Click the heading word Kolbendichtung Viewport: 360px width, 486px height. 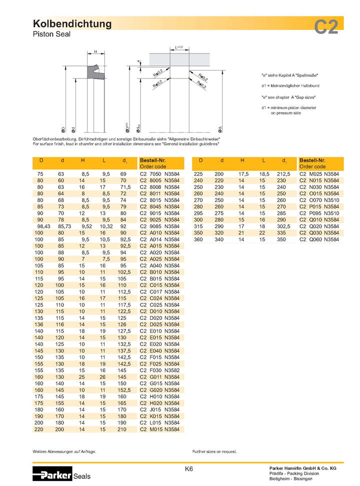point(72,24)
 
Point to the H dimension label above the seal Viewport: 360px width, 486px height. point(95,51)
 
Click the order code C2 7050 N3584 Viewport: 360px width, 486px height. point(159,173)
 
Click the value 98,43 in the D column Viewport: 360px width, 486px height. point(40,225)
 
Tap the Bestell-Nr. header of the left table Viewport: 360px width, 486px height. point(152,160)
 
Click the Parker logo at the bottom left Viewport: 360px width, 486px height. point(52,474)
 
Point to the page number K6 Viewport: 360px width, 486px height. point(189,469)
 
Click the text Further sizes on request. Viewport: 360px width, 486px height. point(214,451)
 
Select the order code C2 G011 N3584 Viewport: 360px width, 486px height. point(159,376)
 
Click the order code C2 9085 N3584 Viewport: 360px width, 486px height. point(159,225)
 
